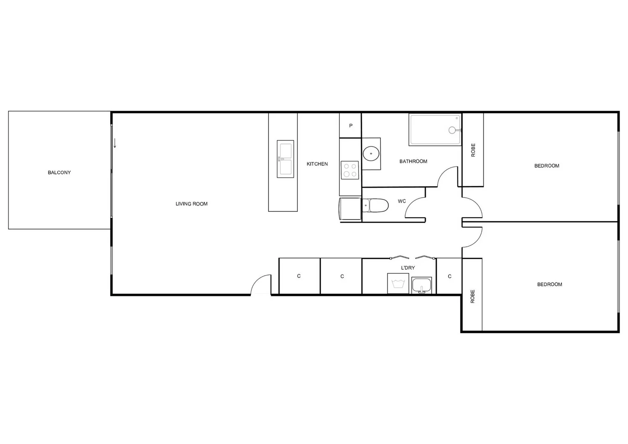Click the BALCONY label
pos(59,173)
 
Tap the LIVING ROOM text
pos(192,204)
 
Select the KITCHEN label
pos(317,164)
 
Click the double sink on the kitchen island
pos(285,159)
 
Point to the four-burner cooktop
pos(350,170)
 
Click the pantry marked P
pos(350,126)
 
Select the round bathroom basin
pos(371,154)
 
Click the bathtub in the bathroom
pos(435,130)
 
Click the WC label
pos(402,201)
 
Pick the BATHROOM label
pos(413,162)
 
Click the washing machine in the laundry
pos(398,284)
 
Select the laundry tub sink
pos(422,285)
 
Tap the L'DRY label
pos(408,268)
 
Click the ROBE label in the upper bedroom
pos(473,150)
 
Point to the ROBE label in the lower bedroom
pos(473,296)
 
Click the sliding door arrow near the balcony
pos(115,143)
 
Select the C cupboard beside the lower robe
pos(450,276)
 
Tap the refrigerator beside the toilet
pos(350,209)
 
